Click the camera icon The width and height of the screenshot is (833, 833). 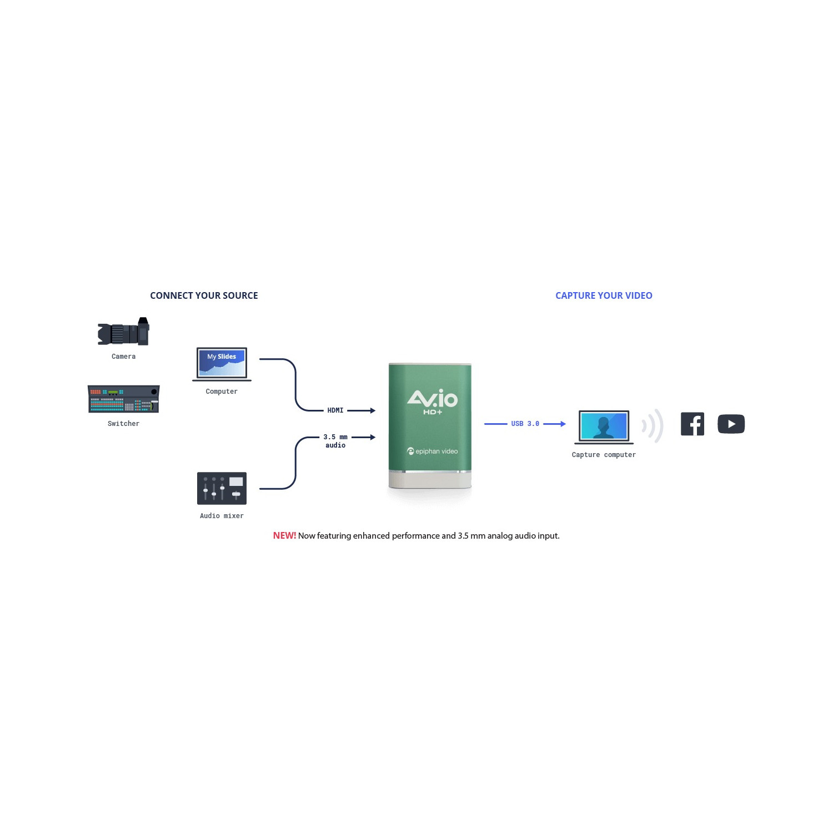(123, 332)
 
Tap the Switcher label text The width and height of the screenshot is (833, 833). (123, 424)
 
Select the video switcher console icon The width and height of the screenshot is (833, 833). (123, 399)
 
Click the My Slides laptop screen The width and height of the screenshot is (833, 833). (222, 362)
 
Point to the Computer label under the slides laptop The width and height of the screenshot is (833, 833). (222, 392)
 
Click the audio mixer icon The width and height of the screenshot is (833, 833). (222, 488)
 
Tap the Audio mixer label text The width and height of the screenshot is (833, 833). (222, 516)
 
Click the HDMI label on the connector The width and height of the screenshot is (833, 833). (335, 410)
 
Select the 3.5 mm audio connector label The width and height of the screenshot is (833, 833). (335, 441)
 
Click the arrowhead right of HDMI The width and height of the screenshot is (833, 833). (373, 410)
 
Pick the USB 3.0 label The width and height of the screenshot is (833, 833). (525, 424)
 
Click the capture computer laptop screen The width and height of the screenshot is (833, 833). (604, 426)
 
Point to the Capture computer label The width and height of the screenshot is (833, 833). (604, 455)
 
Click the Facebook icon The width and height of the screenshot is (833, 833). (692, 424)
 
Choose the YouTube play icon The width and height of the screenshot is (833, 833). (731, 424)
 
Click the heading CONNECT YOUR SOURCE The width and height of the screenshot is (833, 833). (204, 295)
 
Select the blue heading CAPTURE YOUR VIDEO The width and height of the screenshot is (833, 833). (604, 295)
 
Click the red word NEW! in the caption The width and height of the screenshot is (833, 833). (284, 536)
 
